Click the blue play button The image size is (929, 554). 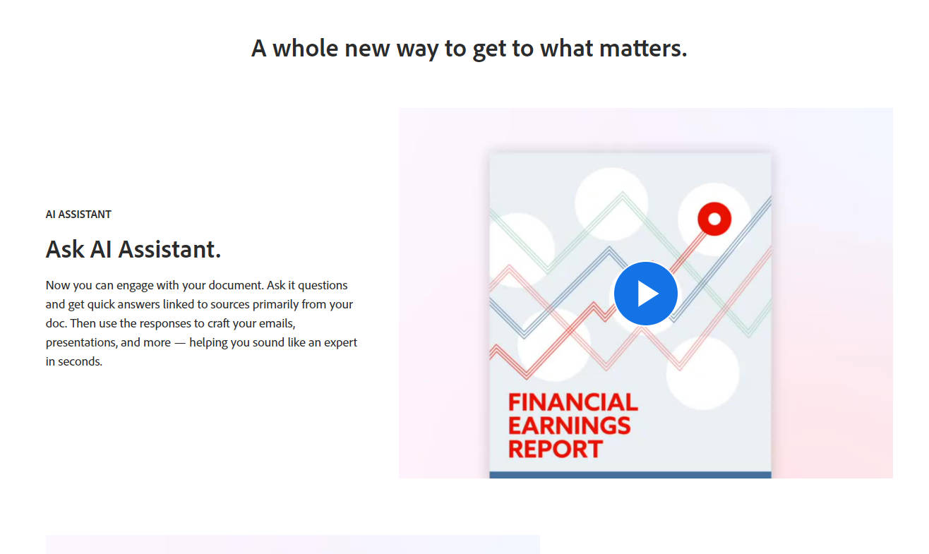tap(646, 294)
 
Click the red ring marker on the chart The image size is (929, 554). tap(714, 219)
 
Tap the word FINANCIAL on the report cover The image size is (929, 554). tap(573, 402)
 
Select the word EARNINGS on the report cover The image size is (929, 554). tap(569, 426)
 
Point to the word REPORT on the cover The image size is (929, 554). tap(555, 449)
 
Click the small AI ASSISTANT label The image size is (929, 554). tap(78, 215)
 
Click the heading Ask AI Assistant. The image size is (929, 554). tap(133, 249)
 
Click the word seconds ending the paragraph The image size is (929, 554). tap(80, 361)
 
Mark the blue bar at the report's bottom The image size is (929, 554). tap(630, 475)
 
